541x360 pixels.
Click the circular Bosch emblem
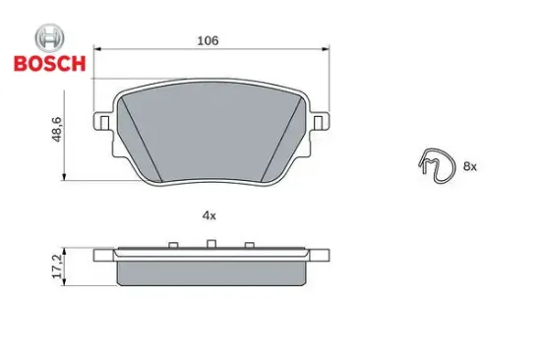tap(49, 38)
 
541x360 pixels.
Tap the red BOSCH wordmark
tap(49, 65)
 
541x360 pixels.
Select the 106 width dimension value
tap(207, 40)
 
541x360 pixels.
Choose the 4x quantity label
tap(209, 213)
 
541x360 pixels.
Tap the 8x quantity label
tap(469, 167)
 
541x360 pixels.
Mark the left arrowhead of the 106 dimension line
tap(98, 50)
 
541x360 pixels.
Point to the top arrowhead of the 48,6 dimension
tap(65, 86)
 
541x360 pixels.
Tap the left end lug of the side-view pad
tap(103, 256)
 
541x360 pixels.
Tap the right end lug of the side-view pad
tap(319, 254)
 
